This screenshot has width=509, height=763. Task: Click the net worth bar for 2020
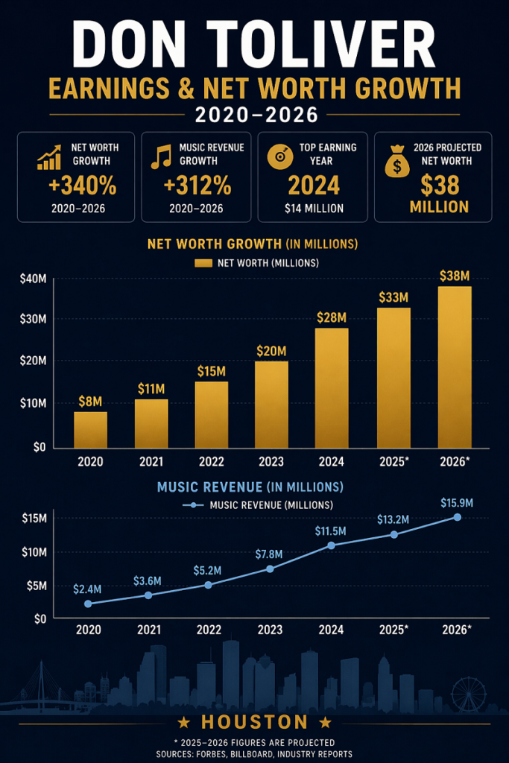pos(90,429)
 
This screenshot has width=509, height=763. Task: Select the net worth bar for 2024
pos(332,387)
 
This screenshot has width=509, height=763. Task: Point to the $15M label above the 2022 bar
pos(212,370)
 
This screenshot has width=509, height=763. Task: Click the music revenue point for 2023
pos(270,569)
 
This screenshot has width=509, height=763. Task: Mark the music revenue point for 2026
pos(457,517)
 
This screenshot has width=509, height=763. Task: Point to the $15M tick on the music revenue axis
pos(34,518)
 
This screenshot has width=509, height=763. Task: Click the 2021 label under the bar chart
pos(151,461)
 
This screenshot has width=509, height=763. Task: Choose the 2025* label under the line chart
pos(393,630)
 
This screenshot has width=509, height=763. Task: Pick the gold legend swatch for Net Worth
pos(204,262)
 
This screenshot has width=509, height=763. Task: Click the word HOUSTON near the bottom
pos(254,722)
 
